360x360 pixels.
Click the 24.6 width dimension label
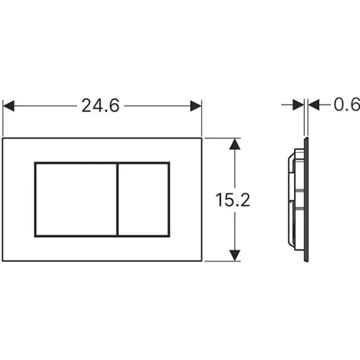101,106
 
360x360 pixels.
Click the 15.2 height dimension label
233,200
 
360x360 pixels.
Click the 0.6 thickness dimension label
347,104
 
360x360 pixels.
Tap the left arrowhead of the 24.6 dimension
8,106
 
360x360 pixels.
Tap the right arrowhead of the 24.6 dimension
196,106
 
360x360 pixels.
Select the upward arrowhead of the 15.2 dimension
235,144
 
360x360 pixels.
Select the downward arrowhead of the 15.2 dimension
235,256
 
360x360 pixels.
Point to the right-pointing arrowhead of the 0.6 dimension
298,104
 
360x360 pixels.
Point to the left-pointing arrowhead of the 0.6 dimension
314,104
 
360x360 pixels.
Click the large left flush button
76,200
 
